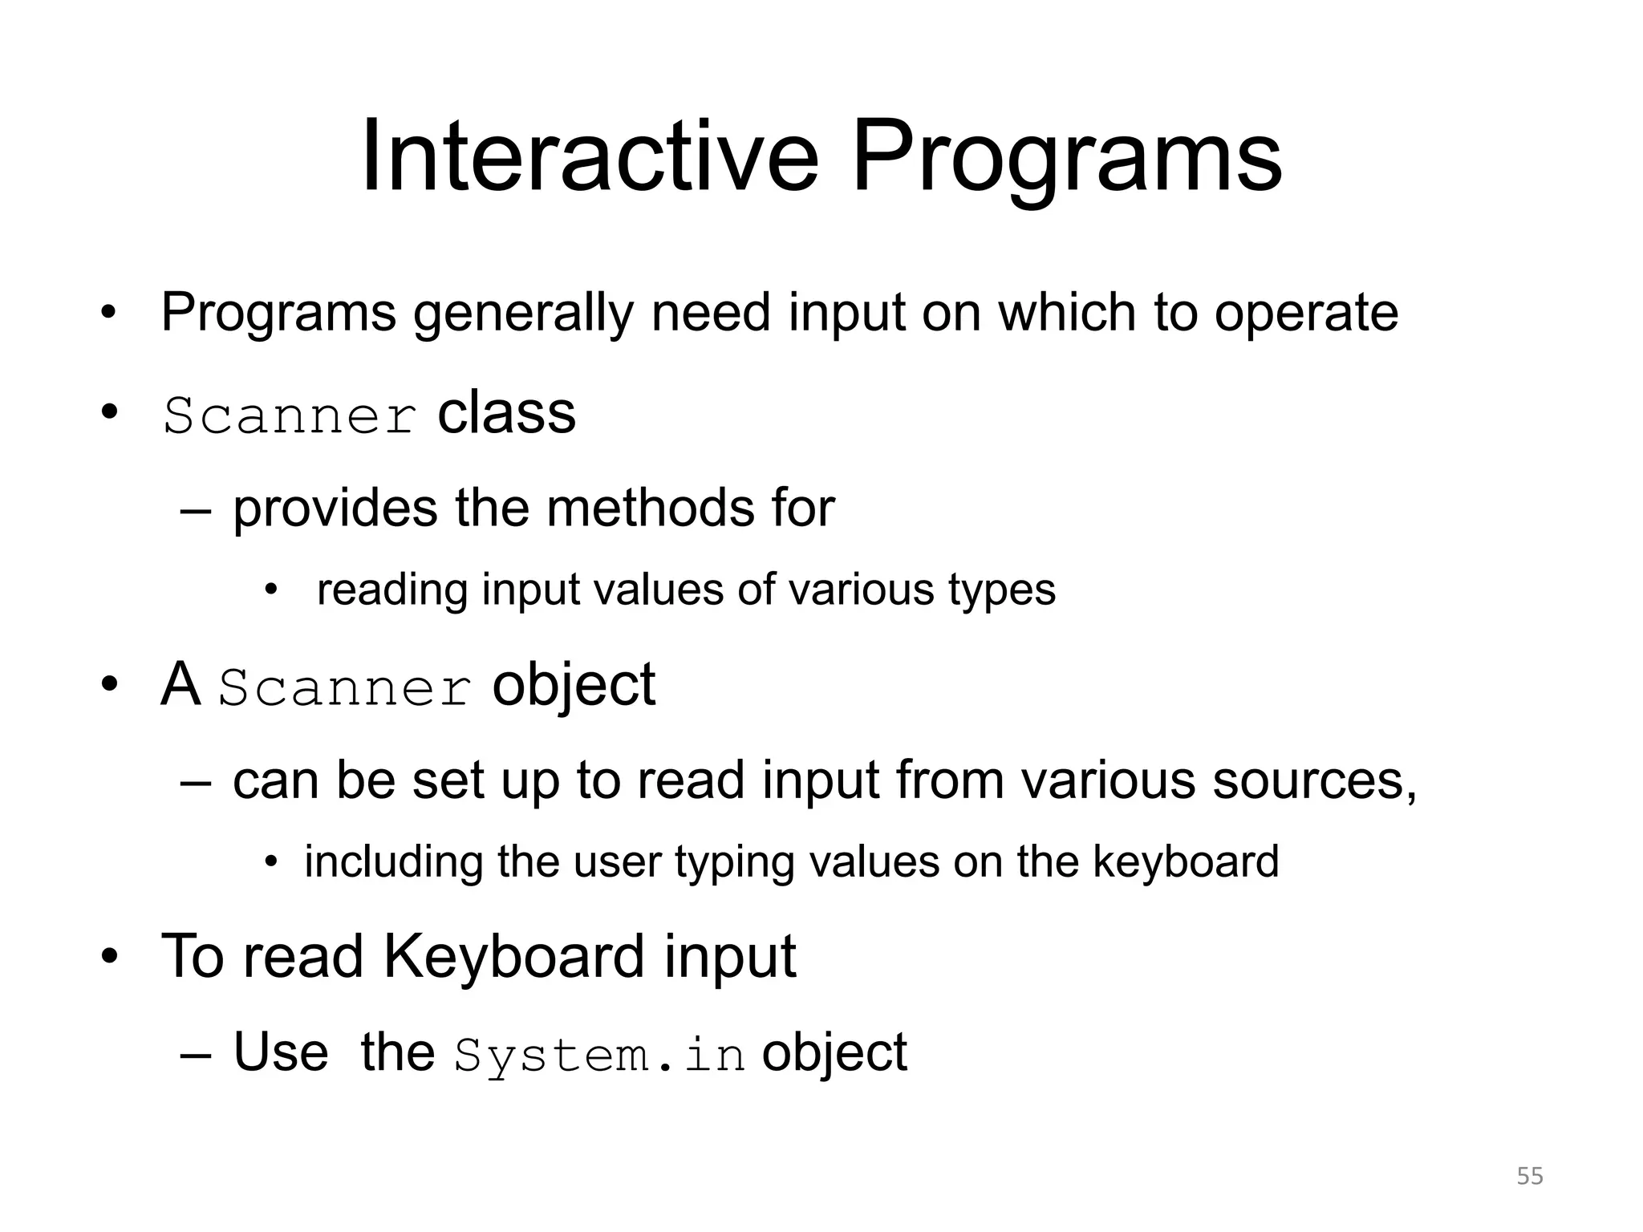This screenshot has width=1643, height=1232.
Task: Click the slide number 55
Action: [1530, 1176]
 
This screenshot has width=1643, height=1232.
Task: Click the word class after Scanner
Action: [506, 414]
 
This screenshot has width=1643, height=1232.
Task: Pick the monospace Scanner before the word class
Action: [290, 416]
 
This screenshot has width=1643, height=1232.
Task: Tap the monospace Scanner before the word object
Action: [346, 689]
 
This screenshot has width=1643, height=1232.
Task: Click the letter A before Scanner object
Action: [181, 685]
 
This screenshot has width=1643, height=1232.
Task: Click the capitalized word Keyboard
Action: [513, 957]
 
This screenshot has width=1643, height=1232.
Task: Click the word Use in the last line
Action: [281, 1052]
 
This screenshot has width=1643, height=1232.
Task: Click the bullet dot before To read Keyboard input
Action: [110, 957]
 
